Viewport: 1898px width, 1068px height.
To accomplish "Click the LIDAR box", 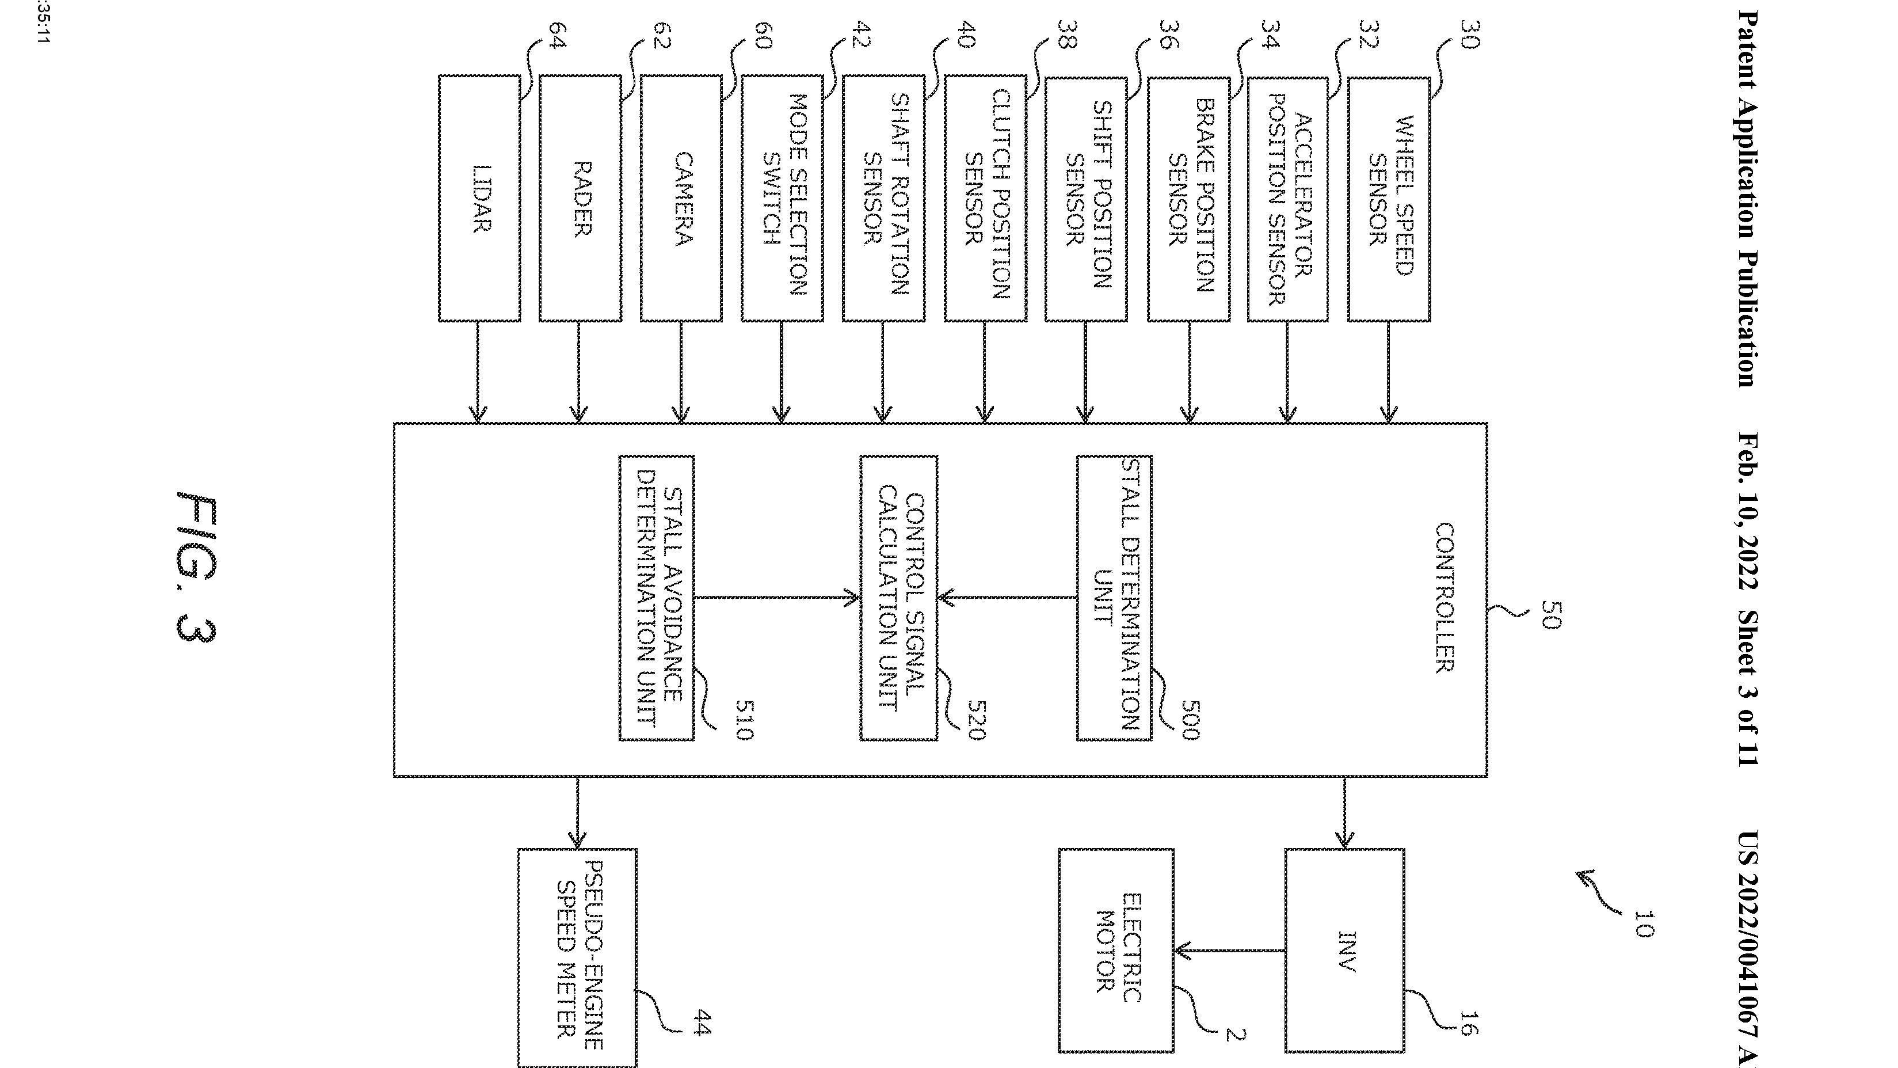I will point(479,197).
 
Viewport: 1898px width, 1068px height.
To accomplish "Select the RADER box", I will point(581,197).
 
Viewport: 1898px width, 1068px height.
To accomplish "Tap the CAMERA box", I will point(681,197).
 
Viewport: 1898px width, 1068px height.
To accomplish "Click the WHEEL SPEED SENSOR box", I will point(1389,197).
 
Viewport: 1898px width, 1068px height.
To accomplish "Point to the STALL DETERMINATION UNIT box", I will point(1114,597).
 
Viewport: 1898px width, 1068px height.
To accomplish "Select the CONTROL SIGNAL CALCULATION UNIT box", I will point(899,597).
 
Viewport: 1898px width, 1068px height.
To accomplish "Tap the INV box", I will point(1345,951).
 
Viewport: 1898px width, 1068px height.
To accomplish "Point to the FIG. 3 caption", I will point(197,568).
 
